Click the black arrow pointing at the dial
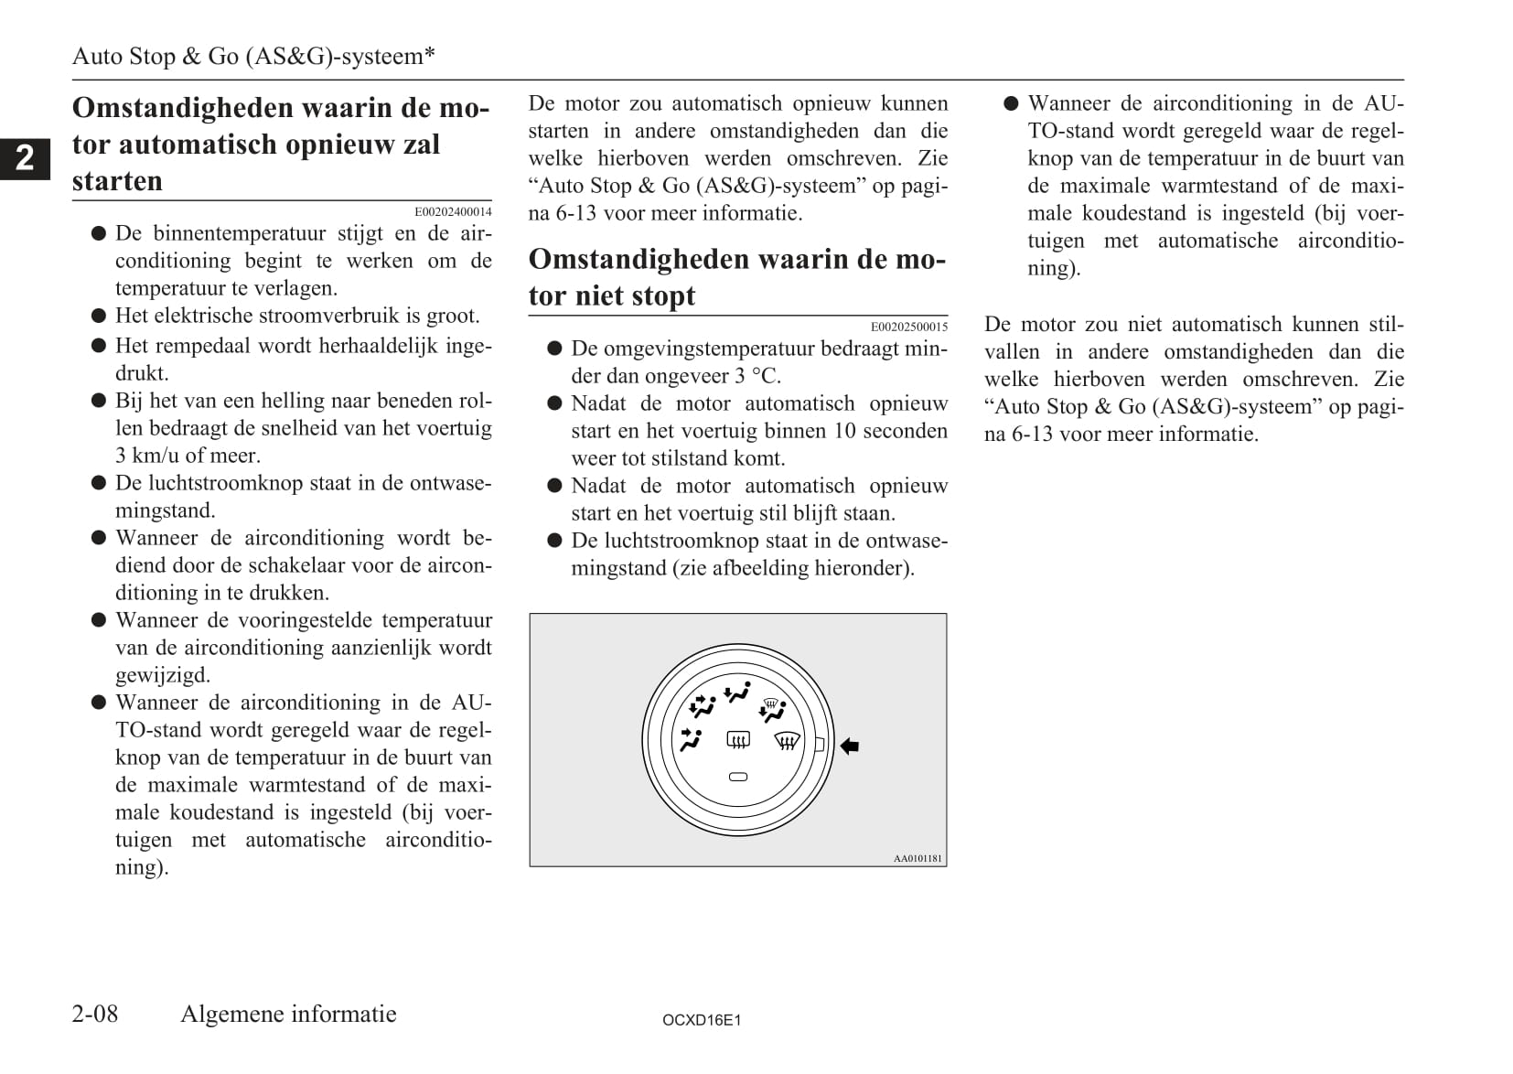850,746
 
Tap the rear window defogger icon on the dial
738,739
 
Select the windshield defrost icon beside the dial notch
787,740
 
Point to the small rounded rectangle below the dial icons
738,777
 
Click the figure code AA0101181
917,859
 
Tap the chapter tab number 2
25,158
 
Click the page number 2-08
95,1014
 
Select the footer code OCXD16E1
702,1020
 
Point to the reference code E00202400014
453,212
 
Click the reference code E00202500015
909,327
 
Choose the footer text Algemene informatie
288,1014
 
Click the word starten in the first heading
117,181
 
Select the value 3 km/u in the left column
146,456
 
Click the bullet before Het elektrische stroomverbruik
99,317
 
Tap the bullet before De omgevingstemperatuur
554,349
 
